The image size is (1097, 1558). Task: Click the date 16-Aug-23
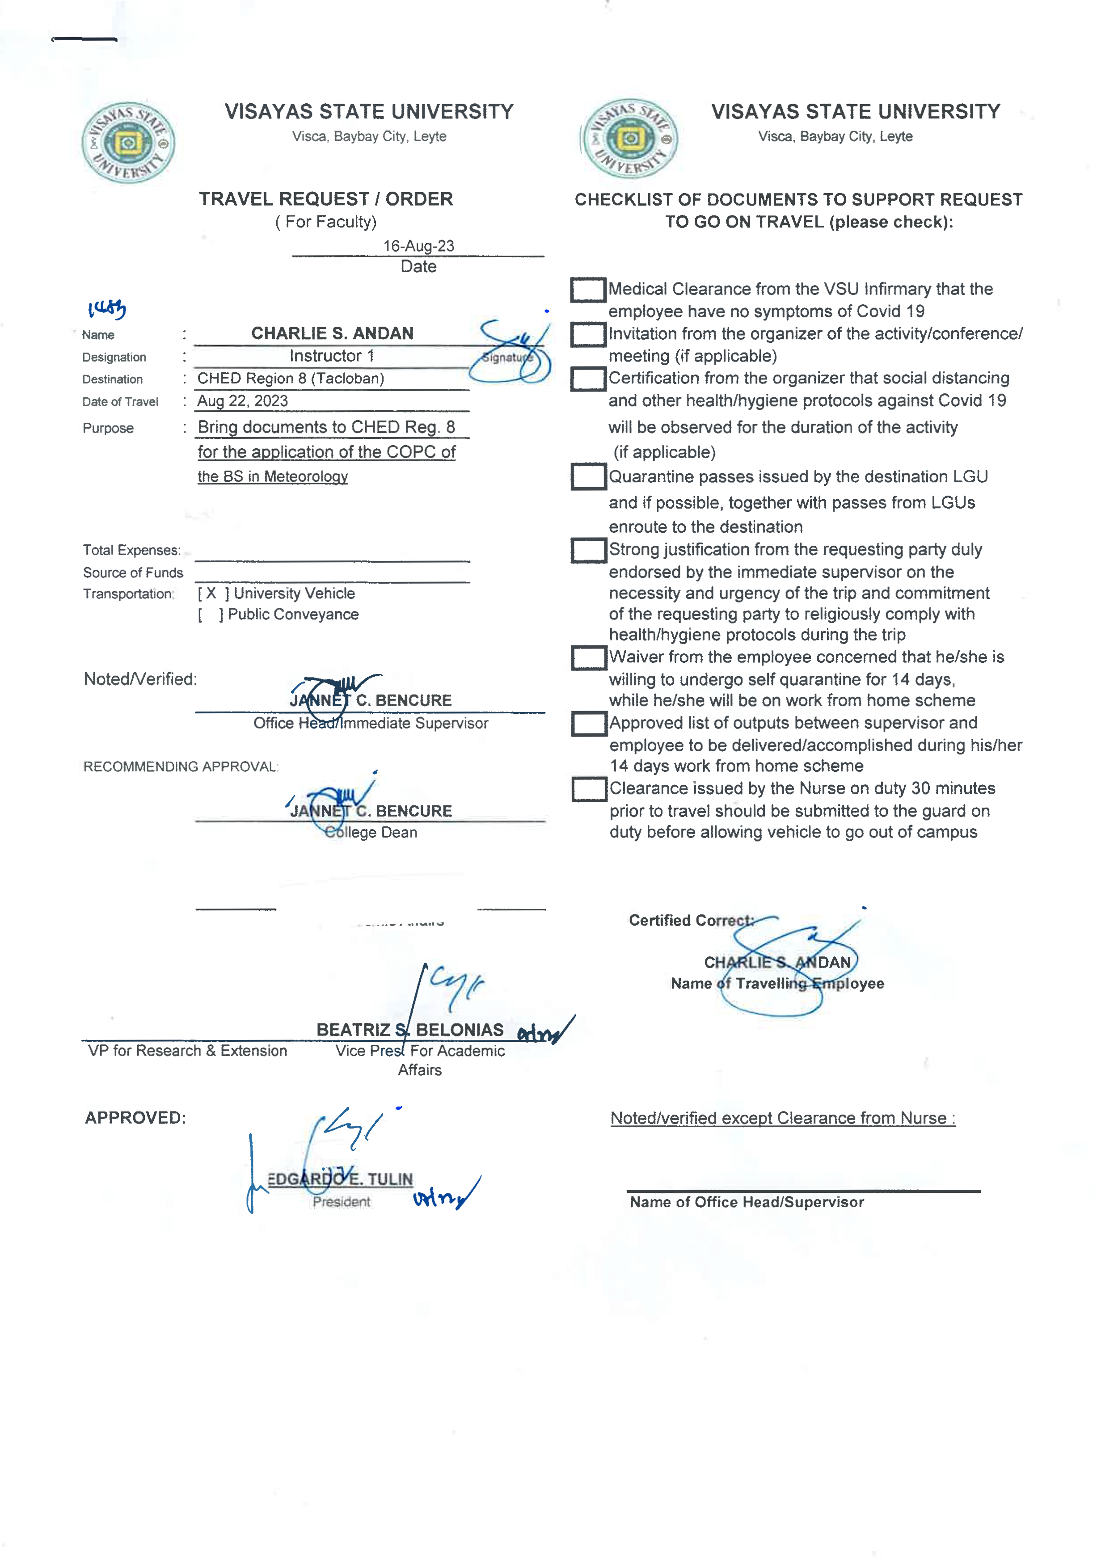coord(418,246)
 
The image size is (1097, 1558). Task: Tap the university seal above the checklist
coord(630,139)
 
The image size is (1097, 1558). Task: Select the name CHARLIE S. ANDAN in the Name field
coord(332,333)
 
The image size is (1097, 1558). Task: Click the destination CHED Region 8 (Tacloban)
coord(291,378)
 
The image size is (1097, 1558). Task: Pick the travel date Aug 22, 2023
coord(242,400)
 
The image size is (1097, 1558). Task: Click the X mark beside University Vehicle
coord(211,593)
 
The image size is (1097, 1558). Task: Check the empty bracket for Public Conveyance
coord(211,614)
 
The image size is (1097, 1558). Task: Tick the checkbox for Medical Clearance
coord(587,290)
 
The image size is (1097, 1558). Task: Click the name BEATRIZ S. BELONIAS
coord(409,1029)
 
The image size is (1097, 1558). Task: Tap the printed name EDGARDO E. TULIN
coord(340,1179)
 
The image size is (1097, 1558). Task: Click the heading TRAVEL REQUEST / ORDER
coord(326,199)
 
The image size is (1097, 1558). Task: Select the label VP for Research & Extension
coord(187,1050)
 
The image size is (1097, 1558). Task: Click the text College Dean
coord(371,832)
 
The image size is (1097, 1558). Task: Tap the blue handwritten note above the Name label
coord(106,309)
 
